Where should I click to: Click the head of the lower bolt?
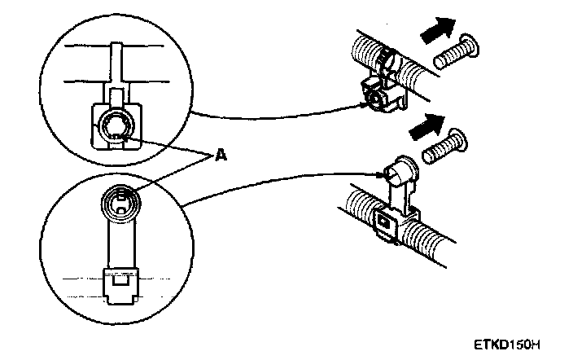[456, 138]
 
